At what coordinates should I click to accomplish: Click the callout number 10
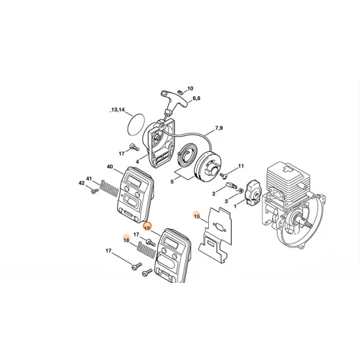190,88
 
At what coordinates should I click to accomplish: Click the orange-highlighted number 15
196,215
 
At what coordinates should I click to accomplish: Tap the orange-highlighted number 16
147,227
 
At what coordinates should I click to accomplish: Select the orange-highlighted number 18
125,240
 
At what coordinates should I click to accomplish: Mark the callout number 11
241,166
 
